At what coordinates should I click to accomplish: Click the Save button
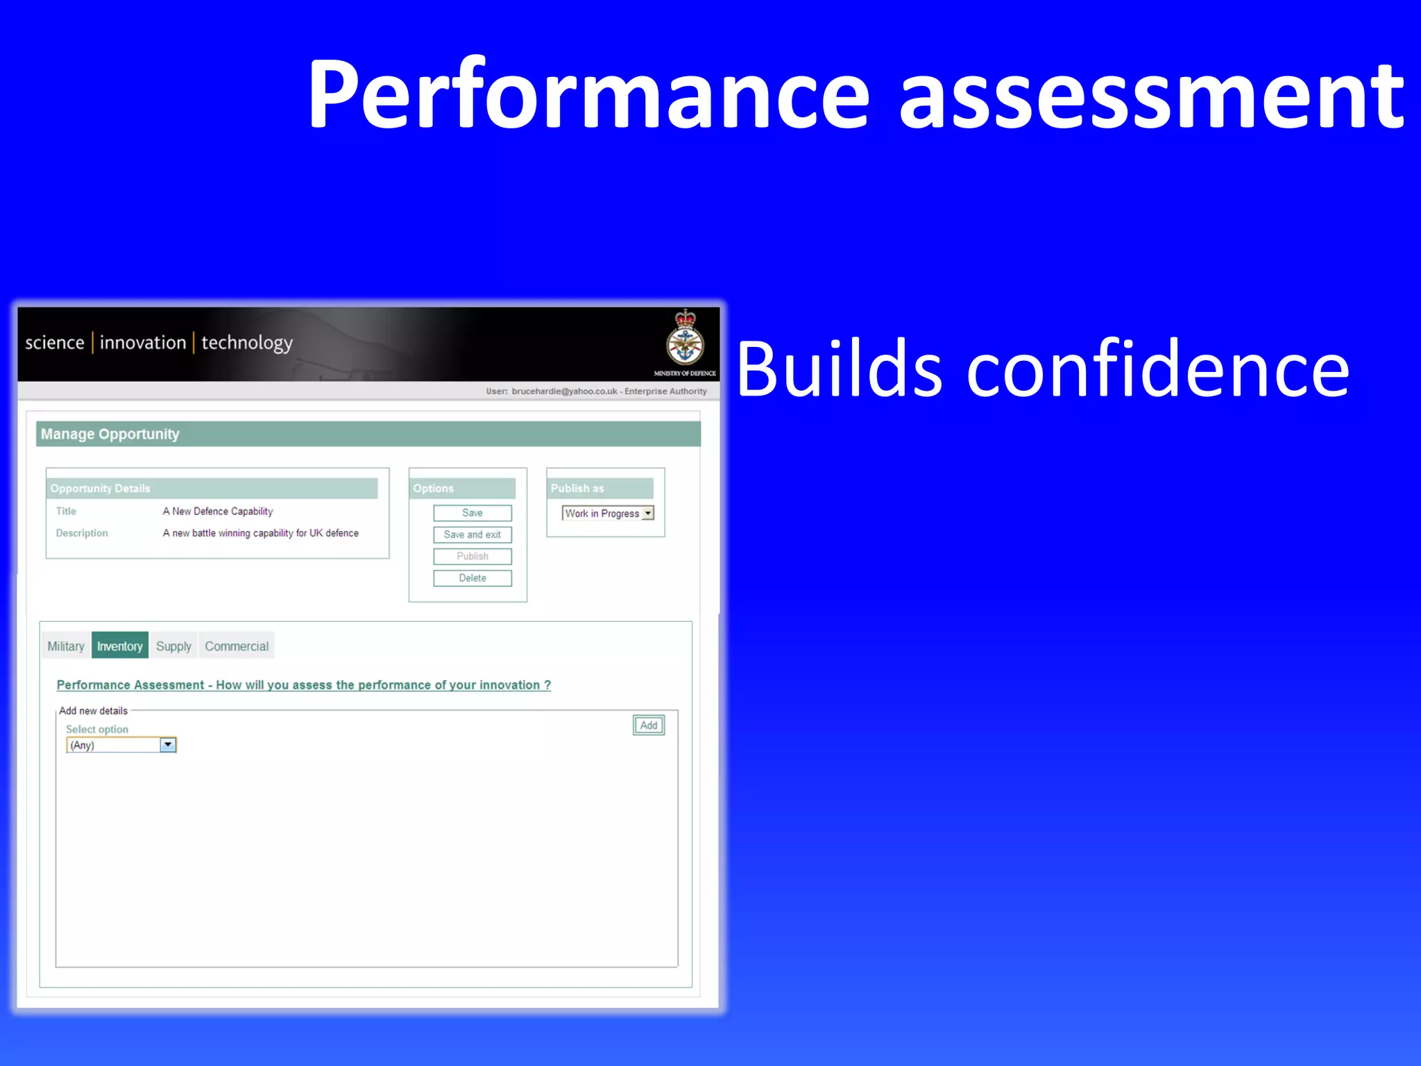coord(472,513)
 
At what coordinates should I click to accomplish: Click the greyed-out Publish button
coord(472,557)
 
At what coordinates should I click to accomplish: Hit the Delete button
coord(472,578)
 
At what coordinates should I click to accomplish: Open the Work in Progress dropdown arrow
coord(647,514)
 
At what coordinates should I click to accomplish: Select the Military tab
coord(65,646)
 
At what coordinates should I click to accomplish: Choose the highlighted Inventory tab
coord(119,646)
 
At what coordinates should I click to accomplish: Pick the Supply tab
coord(173,646)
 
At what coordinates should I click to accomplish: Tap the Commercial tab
coord(236,646)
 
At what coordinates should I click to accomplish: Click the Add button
coord(648,725)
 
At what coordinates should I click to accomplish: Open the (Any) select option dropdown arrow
coord(168,745)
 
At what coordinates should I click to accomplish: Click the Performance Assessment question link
coord(303,685)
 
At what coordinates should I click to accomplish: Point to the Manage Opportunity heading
coord(110,434)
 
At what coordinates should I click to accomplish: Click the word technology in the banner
coord(247,343)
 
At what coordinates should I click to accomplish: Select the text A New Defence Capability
coord(217,511)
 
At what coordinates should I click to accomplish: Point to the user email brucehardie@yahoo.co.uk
coord(564,391)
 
